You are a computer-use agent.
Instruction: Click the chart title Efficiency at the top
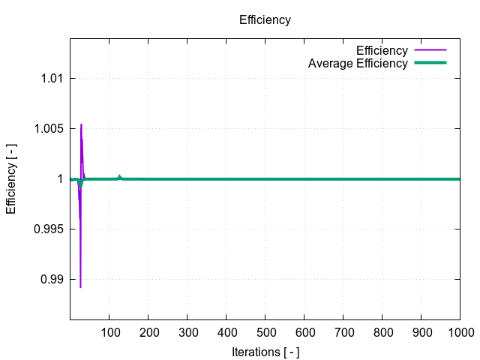tap(265, 20)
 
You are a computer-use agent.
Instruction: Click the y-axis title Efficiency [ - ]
tap(11, 179)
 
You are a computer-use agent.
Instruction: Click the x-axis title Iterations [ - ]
tap(265, 351)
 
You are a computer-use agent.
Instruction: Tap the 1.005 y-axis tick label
tap(46, 128)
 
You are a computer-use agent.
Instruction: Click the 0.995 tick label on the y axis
tap(46, 229)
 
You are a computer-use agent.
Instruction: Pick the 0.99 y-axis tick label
tap(49, 280)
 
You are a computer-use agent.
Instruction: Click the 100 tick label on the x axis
tap(109, 331)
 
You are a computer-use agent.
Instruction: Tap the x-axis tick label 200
tap(148, 331)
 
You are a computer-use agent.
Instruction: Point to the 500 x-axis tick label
tap(265, 331)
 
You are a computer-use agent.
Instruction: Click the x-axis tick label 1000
tap(459, 331)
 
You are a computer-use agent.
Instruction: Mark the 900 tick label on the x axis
tap(421, 331)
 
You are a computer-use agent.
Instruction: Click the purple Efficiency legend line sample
tap(430, 50)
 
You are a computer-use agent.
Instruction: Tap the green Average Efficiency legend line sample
tap(430, 63)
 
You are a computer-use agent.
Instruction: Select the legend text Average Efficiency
tap(358, 63)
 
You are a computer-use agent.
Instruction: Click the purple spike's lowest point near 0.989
tap(80, 287)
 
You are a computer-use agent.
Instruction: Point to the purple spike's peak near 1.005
tap(81, 124)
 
